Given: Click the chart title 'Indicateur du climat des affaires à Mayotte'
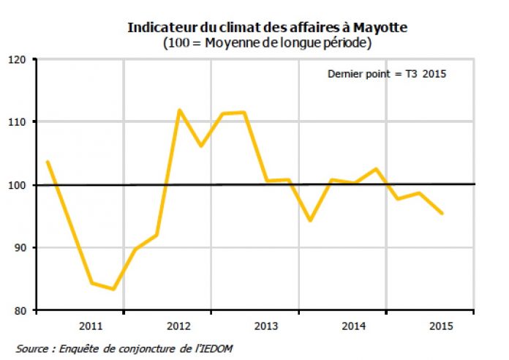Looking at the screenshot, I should (x=268, y=28).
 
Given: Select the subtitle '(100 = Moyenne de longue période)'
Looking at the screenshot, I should (x=268, y=43).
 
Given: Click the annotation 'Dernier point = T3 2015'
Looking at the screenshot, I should (x=387, y=74).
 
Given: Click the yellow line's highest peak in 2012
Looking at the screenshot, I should (x=179, y=110).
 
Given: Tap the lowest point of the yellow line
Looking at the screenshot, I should (x=113, y=289).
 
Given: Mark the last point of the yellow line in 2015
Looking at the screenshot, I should (x=442, y=213).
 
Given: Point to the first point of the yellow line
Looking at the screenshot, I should (x=47, y=162).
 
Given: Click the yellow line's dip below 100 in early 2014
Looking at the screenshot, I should (x=310, y=220).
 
